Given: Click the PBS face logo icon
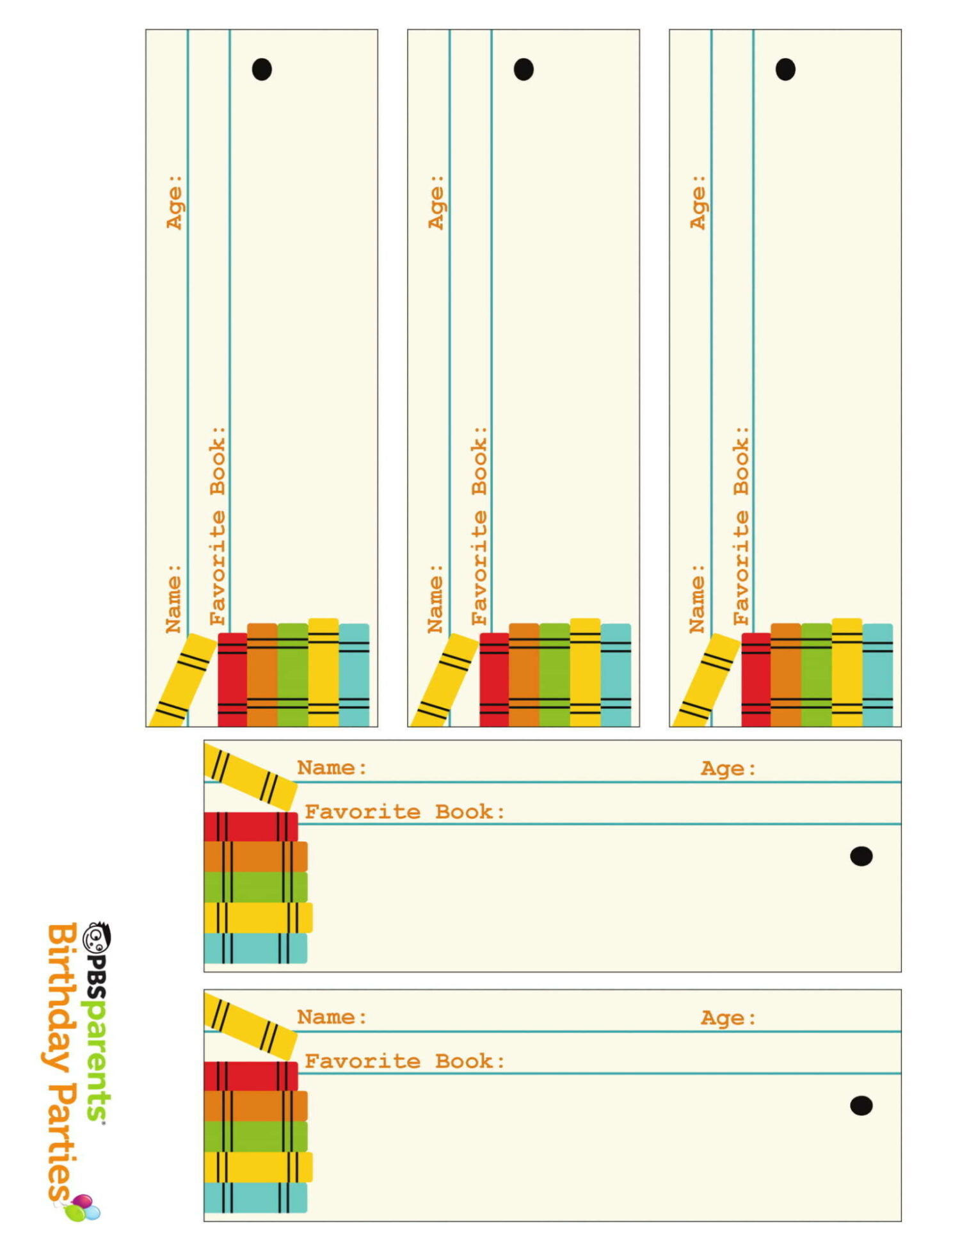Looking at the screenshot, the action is coord(98,937).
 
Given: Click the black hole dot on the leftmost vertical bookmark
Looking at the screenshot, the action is coord(262,69).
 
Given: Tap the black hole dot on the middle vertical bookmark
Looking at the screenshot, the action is coord(524,69).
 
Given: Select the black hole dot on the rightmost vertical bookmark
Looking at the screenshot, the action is coord(785,69).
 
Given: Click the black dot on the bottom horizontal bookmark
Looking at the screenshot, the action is coord(861,1105).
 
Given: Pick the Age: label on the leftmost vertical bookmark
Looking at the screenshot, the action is coord(175,202).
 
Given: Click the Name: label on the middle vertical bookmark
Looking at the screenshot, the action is coord(436,599).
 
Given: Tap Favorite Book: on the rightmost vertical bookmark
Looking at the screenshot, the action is coord(741,526).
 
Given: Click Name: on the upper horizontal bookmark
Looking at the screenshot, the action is coord(332,767).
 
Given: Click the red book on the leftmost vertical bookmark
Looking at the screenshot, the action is coord(232,679).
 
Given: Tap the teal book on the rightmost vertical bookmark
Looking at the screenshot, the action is coord(877,675).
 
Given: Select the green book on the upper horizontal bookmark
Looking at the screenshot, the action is coord(256,887).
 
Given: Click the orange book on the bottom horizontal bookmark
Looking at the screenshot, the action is coord(256,1106).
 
